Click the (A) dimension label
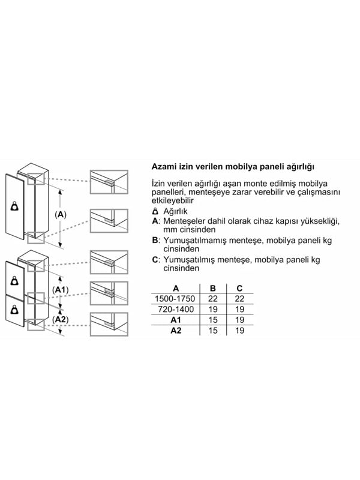click(61, 215)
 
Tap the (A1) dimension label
click(61, 290)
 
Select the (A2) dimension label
click(61, 320)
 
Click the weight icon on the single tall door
click(14, 206)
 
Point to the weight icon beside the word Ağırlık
click(155, 211)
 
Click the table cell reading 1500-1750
click(175, 299)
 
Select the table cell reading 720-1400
click(176, 310)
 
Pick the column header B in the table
click(213, 289)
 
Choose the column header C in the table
click(239, 289)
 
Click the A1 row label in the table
click(176, 320)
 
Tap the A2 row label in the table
click(176, 331)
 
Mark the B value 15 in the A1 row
click(213, 320)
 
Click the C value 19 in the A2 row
click(239, 331)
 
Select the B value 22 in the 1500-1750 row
click(213, 299)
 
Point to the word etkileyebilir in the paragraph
click(173, 201)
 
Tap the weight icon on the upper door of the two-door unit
click(14, 281)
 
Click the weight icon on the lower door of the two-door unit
click(14, 310)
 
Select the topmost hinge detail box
click(109, 182)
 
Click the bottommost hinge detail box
click(109, 324)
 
